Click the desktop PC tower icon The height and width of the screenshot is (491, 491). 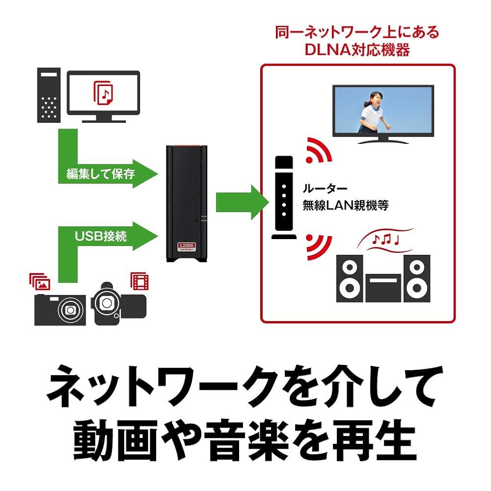coord(50,96)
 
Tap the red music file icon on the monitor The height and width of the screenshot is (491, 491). coord(103,93)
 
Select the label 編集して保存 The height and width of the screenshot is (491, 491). coord(100,173)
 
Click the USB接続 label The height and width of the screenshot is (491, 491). coord(101,236)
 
